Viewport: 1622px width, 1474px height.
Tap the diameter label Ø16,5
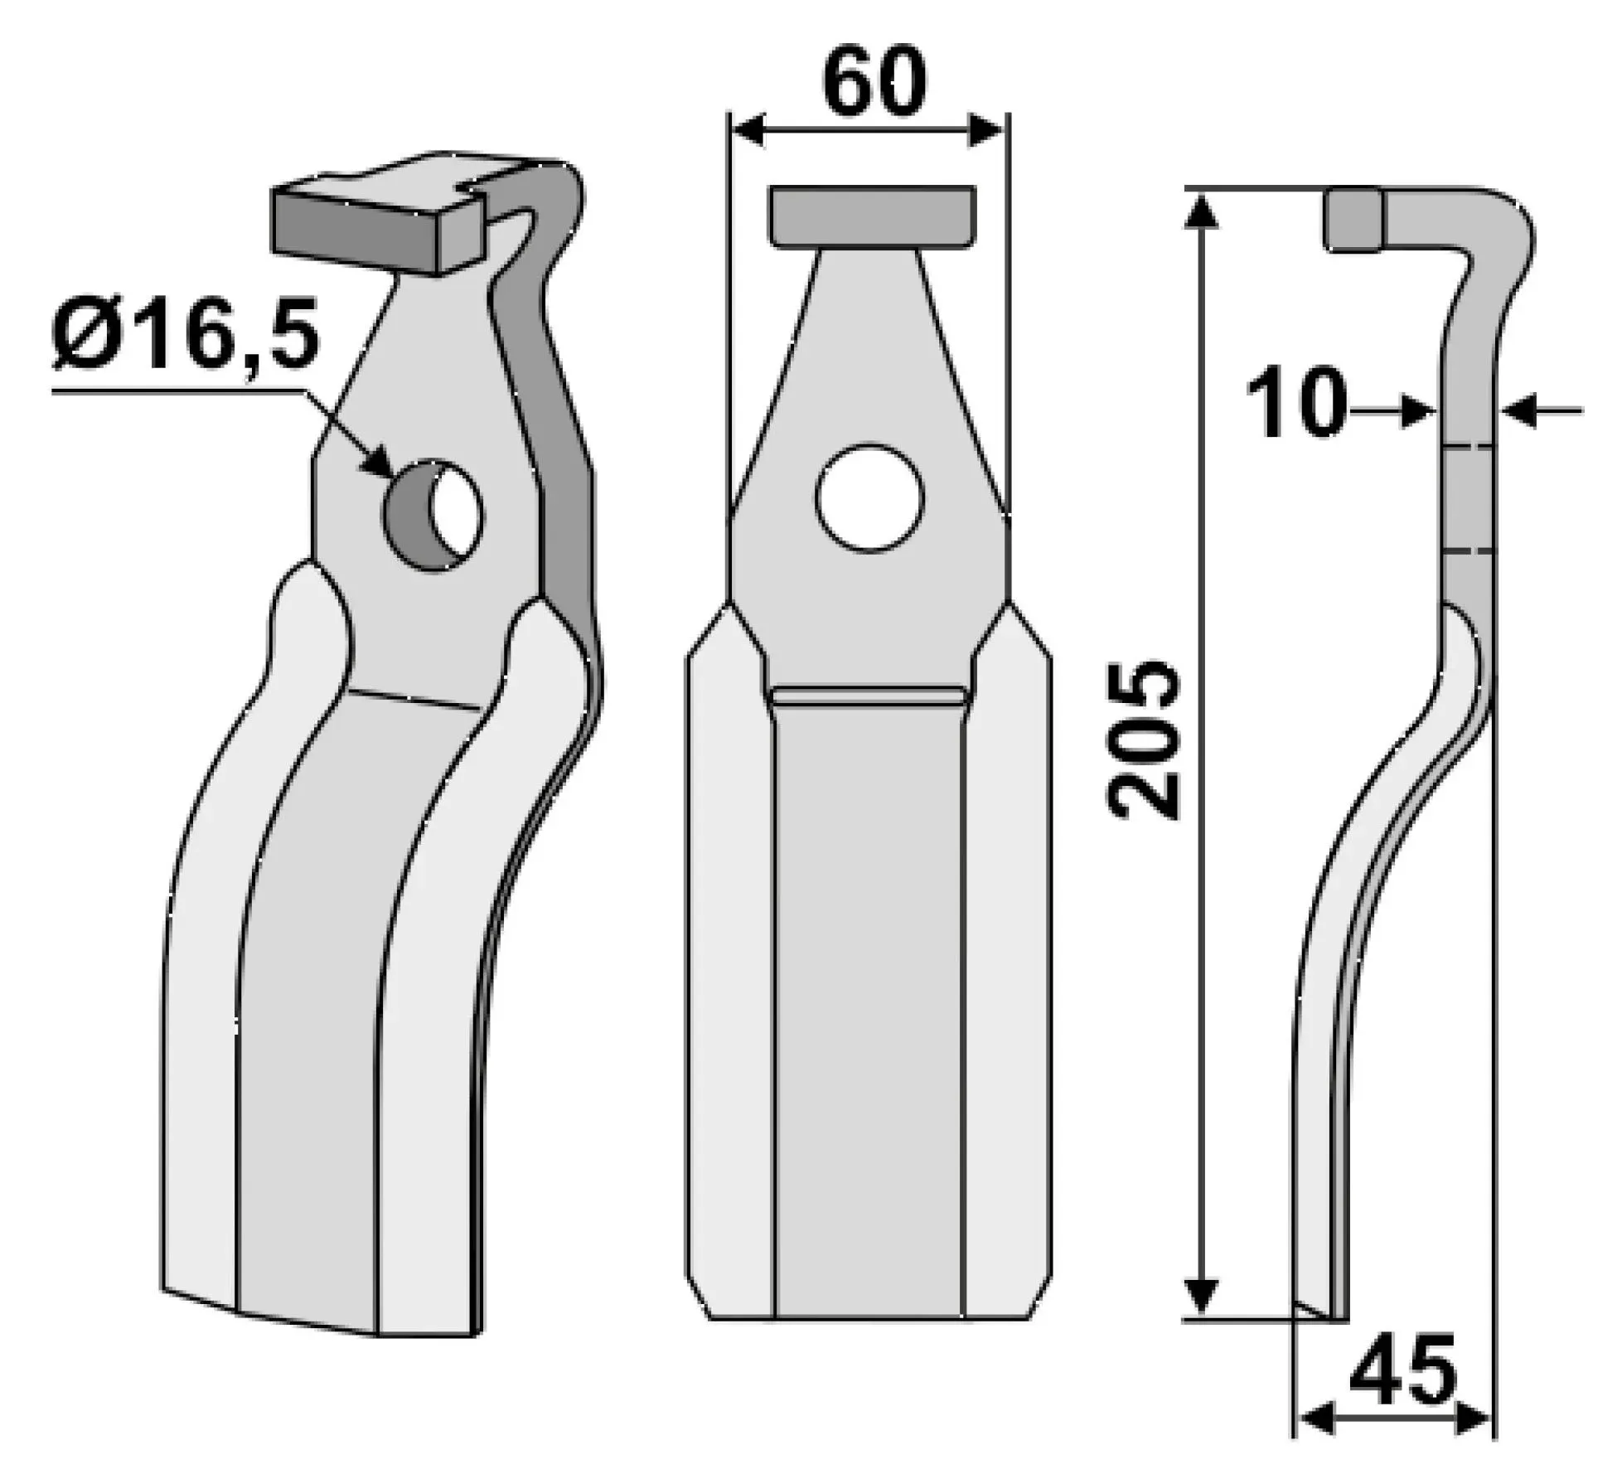click(x=185, y=337)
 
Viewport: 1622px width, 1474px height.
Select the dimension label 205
click(x=1141, y=740)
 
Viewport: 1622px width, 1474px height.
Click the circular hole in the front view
click(x=869, y=499)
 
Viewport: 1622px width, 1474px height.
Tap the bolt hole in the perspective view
click(x=432, y=515)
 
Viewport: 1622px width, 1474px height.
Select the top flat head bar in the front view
click(x=871, y=216)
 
